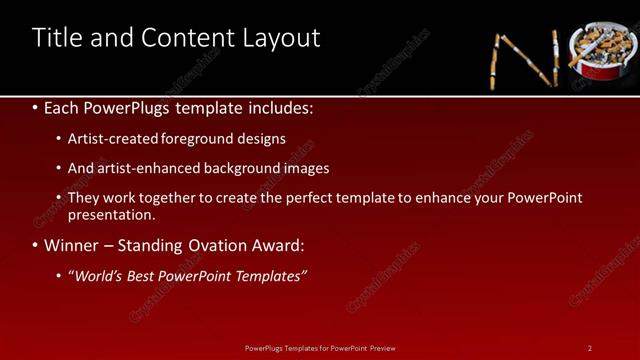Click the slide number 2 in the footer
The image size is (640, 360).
coord(590,348)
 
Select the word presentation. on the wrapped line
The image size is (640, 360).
coord(112,214)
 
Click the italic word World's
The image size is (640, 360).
coord(103,276)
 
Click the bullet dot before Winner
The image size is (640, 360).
coord(37,245)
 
